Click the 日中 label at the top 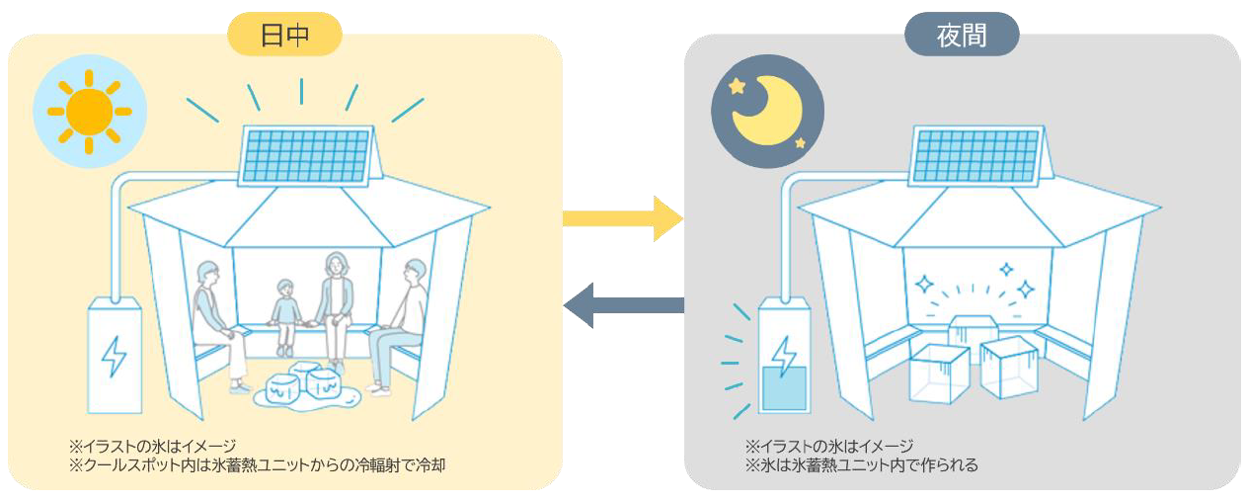284,36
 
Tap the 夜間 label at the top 961,36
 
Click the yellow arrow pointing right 622,217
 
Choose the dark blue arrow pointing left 623,305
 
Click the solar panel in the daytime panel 306,155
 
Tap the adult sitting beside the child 335,301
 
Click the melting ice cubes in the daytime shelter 303,386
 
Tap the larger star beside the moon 737,86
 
